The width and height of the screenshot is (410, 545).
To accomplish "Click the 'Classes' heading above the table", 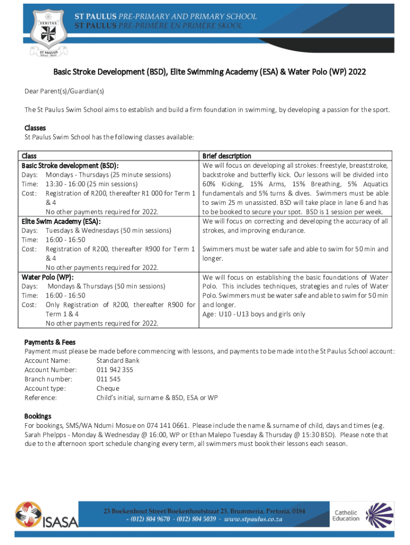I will coord(35,128).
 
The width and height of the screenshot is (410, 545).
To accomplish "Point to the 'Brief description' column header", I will coord(227,156).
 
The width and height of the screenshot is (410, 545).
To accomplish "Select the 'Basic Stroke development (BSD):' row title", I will coord(70,166).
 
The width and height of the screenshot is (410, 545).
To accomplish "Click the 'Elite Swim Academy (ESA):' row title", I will coord(61,221).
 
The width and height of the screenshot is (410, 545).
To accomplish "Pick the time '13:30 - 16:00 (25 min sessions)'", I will coord(92,184).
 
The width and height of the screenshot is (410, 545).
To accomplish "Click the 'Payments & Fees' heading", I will coord(50,342).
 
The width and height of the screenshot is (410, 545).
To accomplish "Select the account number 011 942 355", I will coord(114,370).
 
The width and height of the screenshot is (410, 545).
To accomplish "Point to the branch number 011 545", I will coord(108,379).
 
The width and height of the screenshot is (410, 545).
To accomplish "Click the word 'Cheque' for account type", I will coord(108,388).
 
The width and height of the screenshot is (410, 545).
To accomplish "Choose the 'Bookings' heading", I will coord(38,416).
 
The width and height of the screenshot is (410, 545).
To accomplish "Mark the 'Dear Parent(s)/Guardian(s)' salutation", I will coord(64,91).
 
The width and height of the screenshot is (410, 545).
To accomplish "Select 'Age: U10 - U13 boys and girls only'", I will coord(254,314).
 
